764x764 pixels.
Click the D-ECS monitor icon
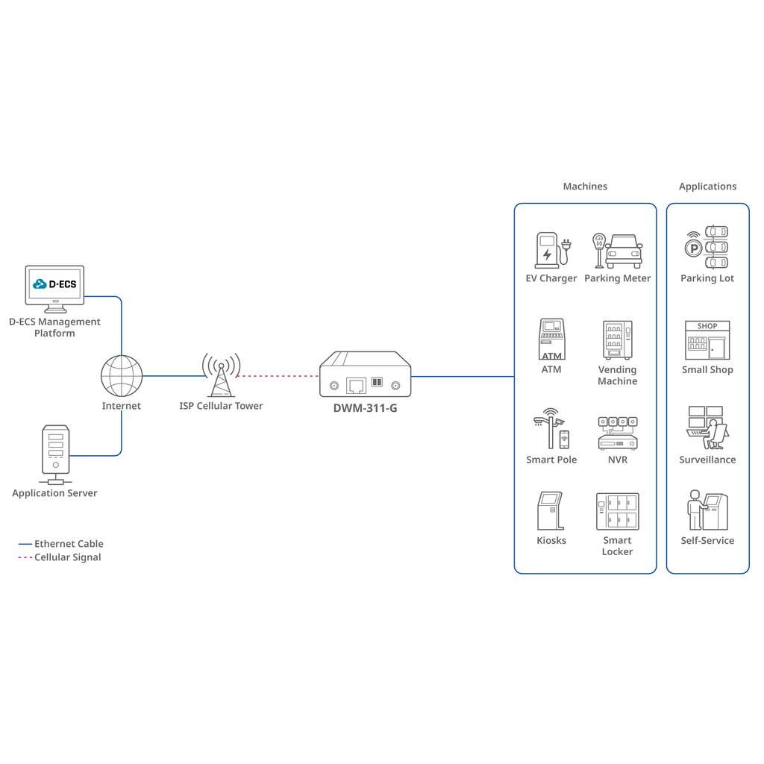pos(54,289)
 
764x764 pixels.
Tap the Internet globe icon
pos(122,376)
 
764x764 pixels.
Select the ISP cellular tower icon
pos(221,375)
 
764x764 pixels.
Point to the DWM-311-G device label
pos(365,408)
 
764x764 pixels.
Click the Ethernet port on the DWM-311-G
pos(356,386)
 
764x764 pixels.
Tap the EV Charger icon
pos(552,250)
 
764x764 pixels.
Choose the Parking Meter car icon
pos(624,251)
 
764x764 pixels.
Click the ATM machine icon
pos(551,339)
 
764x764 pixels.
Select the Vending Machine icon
pos(617,339)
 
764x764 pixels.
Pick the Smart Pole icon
pos(551,428)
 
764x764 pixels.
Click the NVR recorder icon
pos(617,433)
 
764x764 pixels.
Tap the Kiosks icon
pos(551,510)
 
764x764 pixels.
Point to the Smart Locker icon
pos(617,511)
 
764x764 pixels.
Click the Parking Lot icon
pos(707,247)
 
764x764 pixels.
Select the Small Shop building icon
pos(707,340)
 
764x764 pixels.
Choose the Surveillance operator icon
pos(707,428)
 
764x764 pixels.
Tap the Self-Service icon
pos(707,510)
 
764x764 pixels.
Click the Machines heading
pos(585,186)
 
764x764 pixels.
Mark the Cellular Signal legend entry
pos(60,557)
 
